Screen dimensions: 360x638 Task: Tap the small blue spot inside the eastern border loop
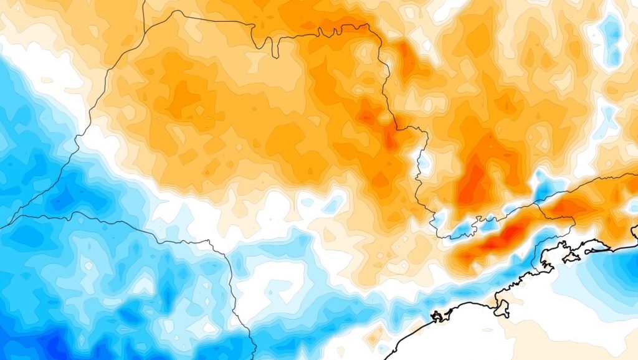coord(423,161)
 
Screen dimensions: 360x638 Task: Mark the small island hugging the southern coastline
coord(440,316)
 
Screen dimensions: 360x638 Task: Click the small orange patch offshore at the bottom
coord(373,337)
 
